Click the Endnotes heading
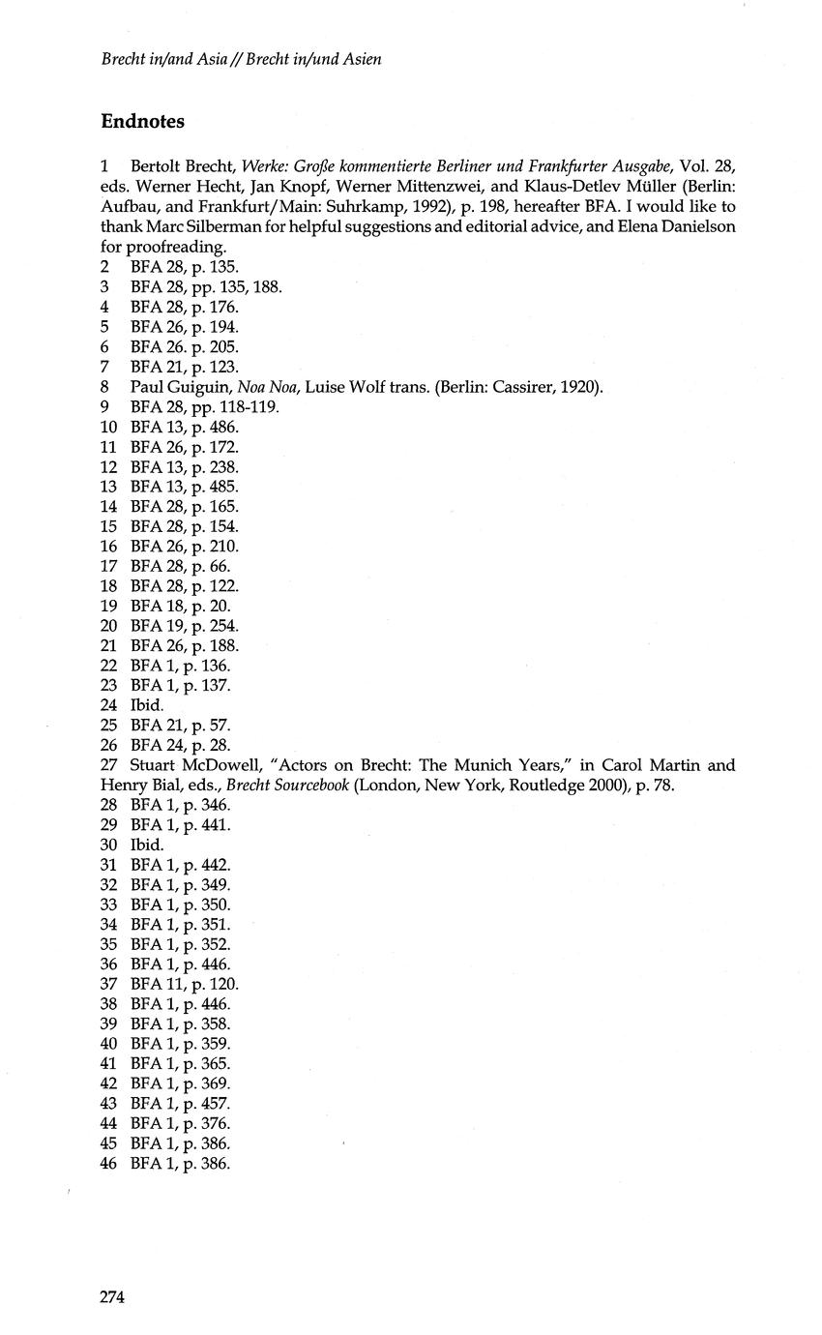tap(142, 122)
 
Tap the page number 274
tap(113, 1297)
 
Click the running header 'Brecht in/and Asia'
tap(169, 60)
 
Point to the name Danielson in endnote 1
tap(699, 226)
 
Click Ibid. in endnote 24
tap(147, 705)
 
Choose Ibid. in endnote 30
tap(147, 845)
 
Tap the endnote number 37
tap(108, 984)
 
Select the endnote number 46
tap(108, 1163)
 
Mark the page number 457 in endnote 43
tap(215, 1103)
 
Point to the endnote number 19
tap(108, 606)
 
